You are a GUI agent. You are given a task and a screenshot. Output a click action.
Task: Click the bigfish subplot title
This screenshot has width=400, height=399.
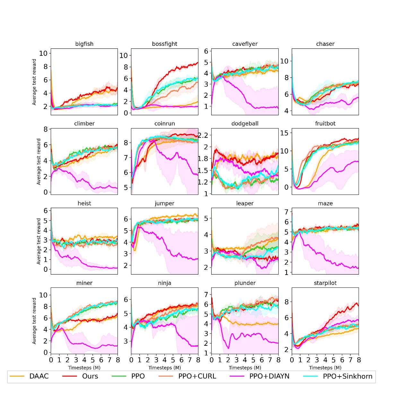[x=84, y=44]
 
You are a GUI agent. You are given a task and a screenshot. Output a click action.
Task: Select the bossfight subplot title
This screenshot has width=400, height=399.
[x=165, y=44]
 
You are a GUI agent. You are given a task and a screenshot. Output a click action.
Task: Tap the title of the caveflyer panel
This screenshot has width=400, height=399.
[x=245, y=44]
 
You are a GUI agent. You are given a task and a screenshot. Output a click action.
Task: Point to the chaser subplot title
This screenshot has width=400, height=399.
[x=325, y=44]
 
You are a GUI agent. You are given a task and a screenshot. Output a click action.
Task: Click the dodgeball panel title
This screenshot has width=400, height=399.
[x=245, y=123]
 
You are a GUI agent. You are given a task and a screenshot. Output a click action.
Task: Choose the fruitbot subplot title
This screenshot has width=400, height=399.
[x=325, y=123]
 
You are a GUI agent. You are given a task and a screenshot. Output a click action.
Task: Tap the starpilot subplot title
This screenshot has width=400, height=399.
[x=325, y=283]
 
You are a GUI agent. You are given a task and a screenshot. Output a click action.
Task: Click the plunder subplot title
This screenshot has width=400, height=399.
[x=245, y=283]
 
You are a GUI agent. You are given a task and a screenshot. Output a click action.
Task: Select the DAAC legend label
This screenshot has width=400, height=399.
[x=39, y=376]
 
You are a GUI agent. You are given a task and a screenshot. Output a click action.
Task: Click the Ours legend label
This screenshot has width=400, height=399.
[x=90, y=376]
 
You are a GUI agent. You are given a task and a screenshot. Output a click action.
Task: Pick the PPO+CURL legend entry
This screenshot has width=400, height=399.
[x=197, y=376]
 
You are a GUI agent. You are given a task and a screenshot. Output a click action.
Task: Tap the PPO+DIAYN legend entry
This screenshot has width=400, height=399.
[x=269, y=376]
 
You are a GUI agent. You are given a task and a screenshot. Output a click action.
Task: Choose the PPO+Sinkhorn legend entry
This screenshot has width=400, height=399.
[x=347, y=376]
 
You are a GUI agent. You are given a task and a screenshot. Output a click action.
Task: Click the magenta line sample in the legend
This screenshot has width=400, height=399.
[x=238, y=376]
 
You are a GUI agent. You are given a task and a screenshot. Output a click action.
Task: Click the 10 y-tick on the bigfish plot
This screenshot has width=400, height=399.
[x=43, y=54]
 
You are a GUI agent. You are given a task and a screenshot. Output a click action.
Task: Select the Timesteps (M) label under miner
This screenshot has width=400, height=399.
[x=84, y=368]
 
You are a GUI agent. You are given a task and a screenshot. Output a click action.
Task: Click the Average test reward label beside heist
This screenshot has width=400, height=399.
[x=39, y=241]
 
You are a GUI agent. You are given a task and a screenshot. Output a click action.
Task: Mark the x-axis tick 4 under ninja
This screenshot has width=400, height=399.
[x=165, y=360]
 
